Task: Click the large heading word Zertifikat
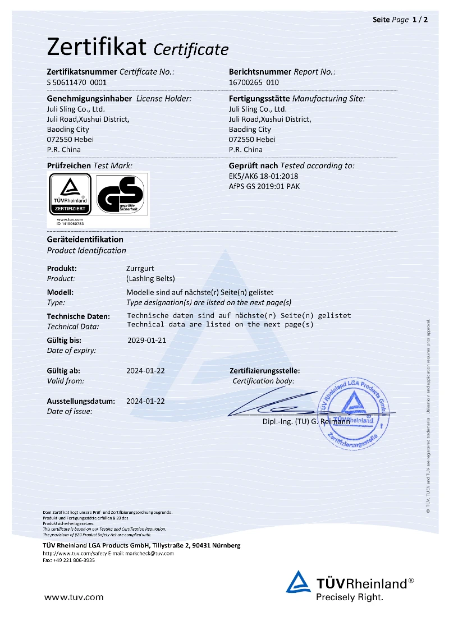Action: (x=97, y=47)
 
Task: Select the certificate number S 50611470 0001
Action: (x=76, y=82)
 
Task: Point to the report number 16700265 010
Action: (x=254, y=82)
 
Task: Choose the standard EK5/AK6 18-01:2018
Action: (x=264, y=176)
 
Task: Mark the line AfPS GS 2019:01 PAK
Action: (x=264, y=186)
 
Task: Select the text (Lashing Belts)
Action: (x=150, y=278)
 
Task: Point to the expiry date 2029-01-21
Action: (x=146, y=340)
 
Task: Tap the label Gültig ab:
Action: (x=63, y=371)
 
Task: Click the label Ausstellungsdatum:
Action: (x=81, y=401)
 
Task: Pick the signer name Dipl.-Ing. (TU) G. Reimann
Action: (x=306, y=421)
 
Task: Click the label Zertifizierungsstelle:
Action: (x=265, y=371)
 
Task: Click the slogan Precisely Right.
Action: (x=350, y=597)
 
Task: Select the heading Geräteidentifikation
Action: (x=85, y=240)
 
